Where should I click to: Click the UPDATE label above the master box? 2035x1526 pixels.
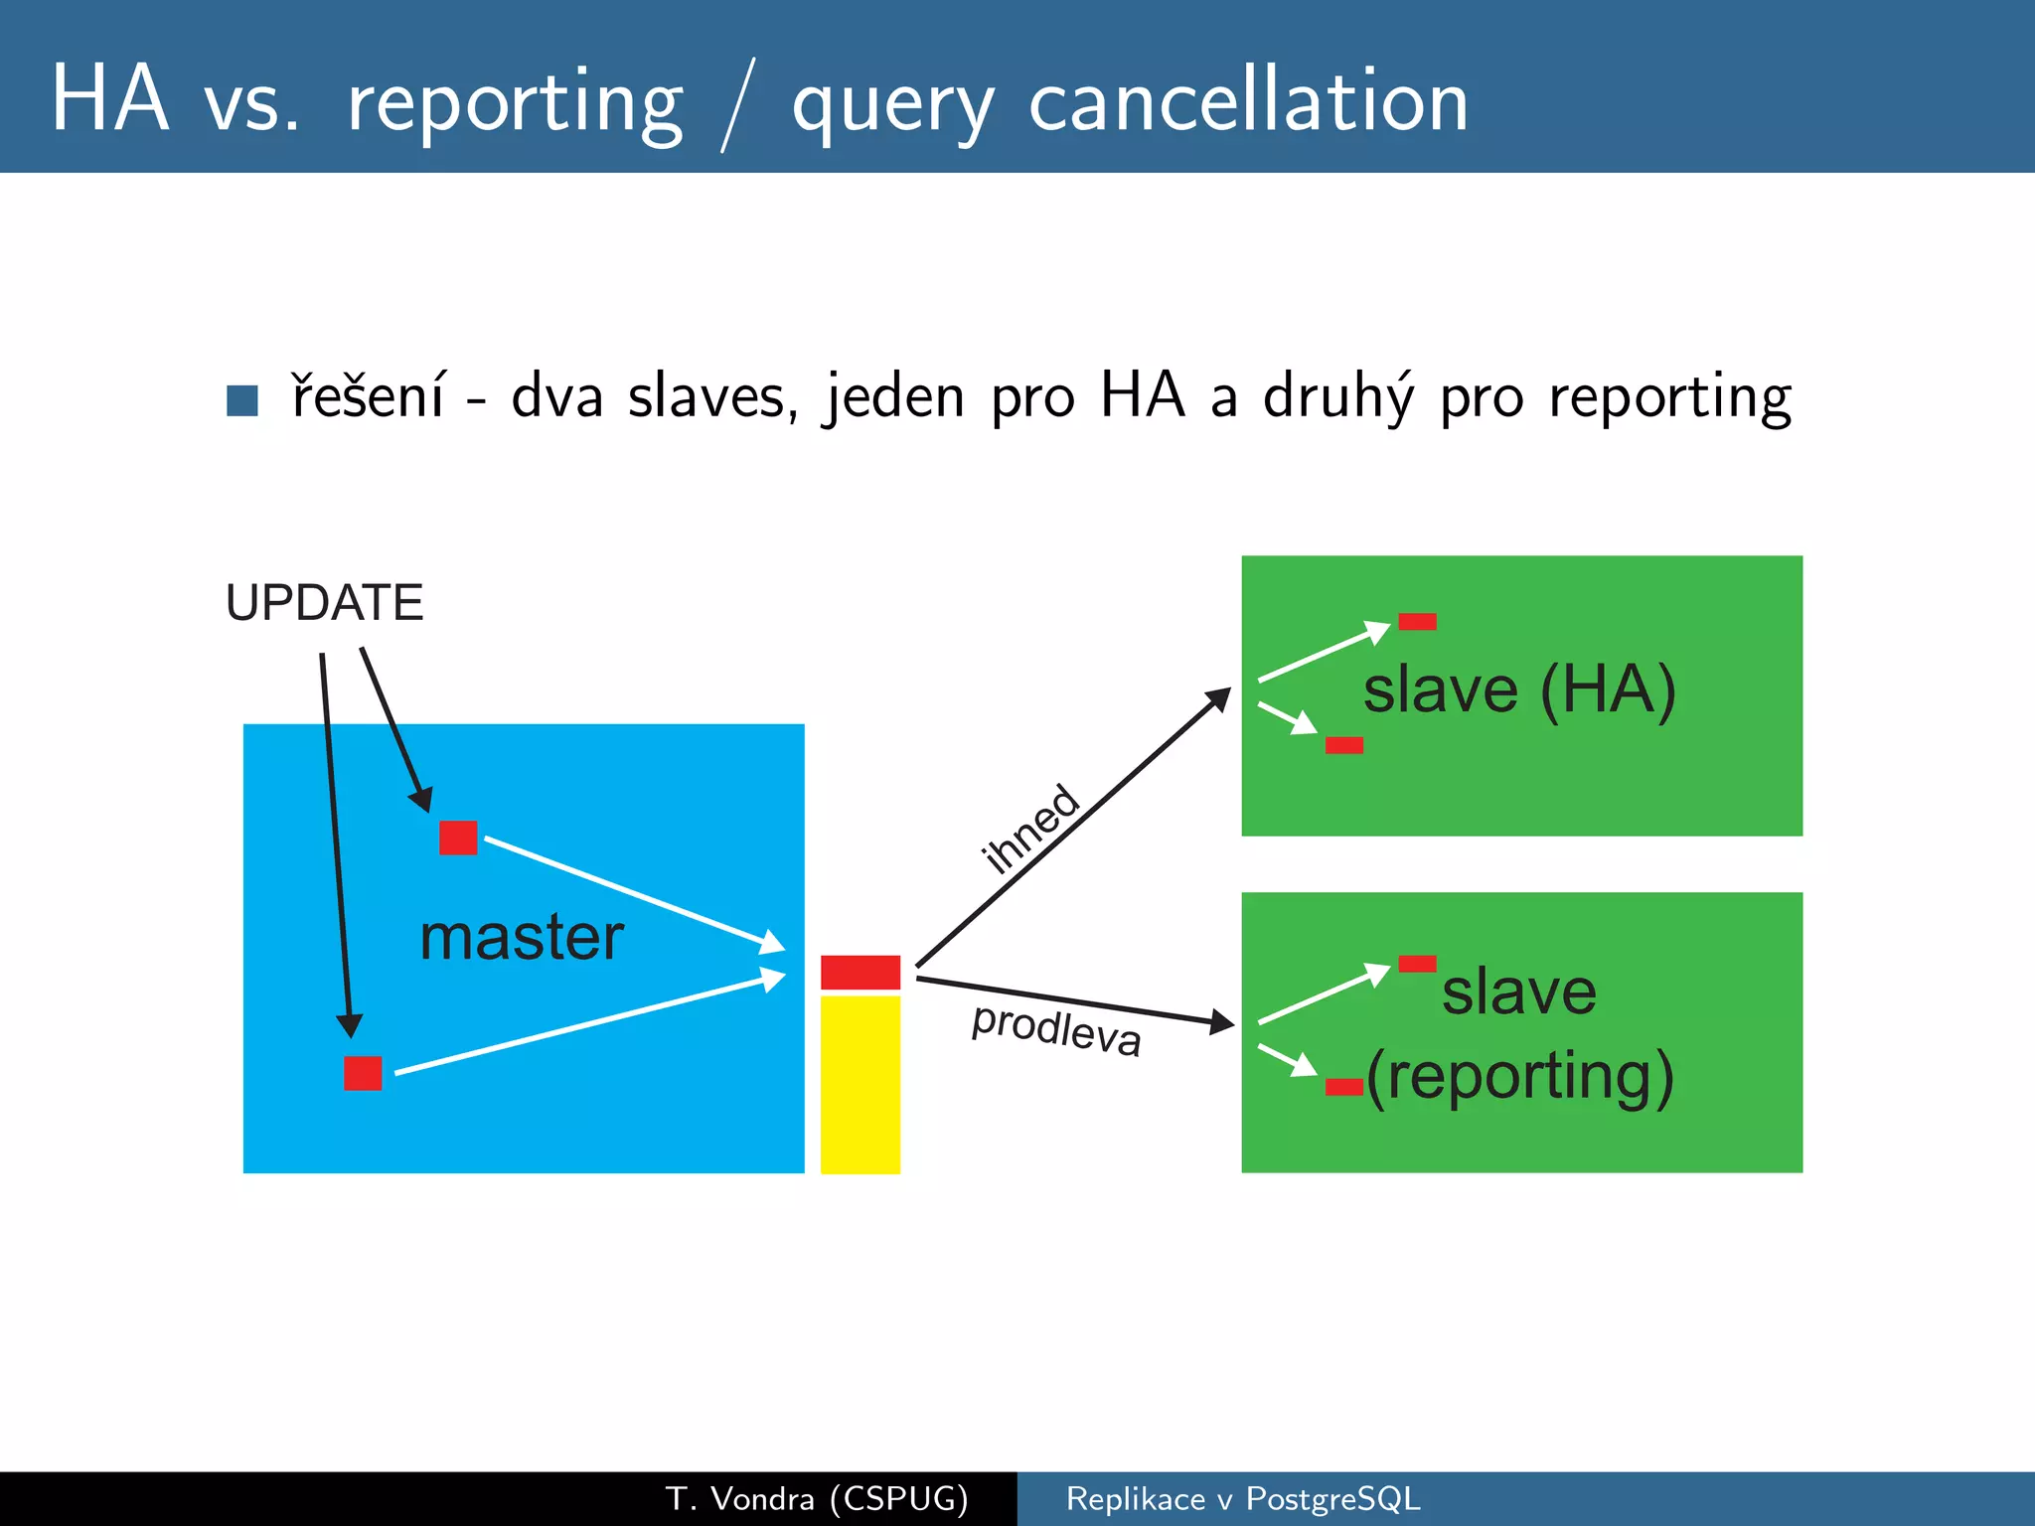[324, 603]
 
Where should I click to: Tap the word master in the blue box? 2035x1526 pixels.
[522, 937]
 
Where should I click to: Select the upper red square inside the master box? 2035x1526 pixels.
[458, 838]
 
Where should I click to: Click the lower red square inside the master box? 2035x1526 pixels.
[363, 1073]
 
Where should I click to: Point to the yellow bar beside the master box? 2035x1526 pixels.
[861, 1084]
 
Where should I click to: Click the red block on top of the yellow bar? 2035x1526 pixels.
[861, 972]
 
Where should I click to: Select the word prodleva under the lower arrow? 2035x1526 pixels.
[1056, 1029]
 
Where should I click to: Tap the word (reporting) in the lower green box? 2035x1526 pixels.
[1520, 1076]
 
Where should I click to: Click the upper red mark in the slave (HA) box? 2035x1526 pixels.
[1417, 622]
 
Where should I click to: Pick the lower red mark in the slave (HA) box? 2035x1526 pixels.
[1343, 745]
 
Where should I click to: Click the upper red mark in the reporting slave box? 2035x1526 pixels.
[1417, 964]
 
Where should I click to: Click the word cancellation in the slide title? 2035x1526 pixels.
[1248, 101]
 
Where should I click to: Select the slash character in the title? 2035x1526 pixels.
[737, 105]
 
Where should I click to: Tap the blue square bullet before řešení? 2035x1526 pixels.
[242, 400]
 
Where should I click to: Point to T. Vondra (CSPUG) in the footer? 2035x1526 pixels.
[817, 1498]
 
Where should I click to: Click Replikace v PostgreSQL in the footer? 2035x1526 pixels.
[1243, 1498]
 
